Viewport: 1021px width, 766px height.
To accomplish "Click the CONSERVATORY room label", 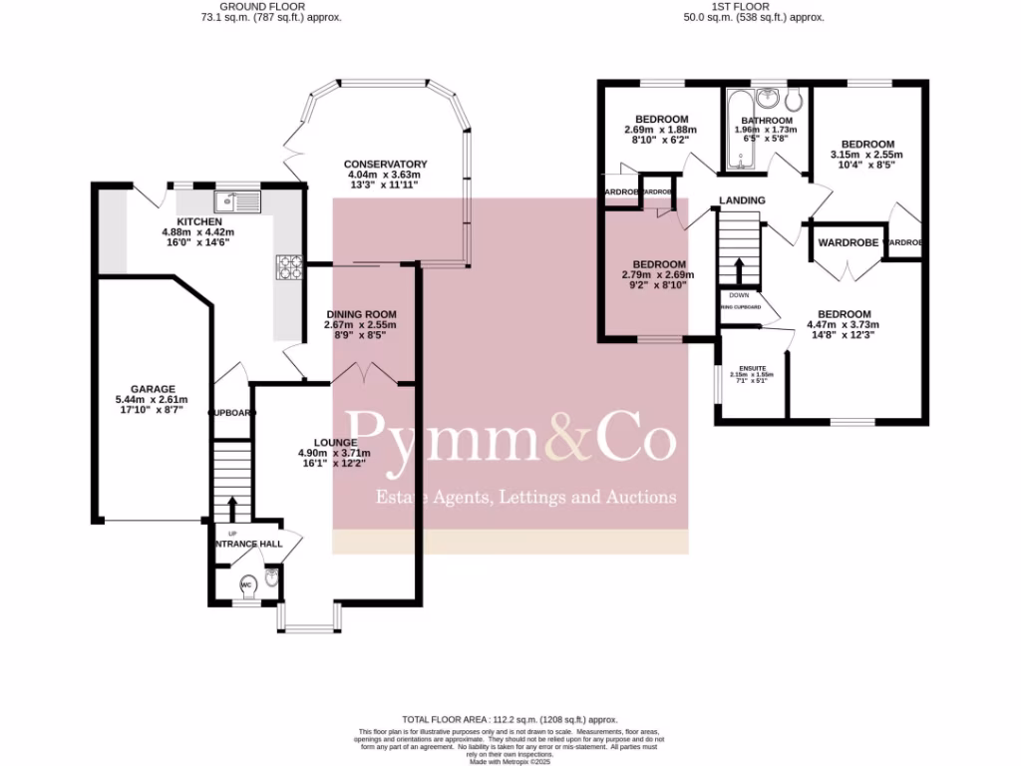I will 385,165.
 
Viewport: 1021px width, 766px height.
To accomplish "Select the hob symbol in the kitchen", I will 289,266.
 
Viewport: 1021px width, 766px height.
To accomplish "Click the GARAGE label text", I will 153,389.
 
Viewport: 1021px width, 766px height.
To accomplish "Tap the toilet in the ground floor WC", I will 247,584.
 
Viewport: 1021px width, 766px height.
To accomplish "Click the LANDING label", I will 742,200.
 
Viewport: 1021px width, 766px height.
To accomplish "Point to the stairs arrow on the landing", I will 739,270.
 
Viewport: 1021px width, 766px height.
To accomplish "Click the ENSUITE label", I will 754,368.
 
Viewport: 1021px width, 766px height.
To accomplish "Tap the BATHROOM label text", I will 766,121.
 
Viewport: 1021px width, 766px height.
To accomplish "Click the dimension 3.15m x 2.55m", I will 866,155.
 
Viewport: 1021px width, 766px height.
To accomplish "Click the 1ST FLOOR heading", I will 753,5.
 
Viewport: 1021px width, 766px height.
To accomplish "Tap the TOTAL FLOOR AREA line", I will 510,719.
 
